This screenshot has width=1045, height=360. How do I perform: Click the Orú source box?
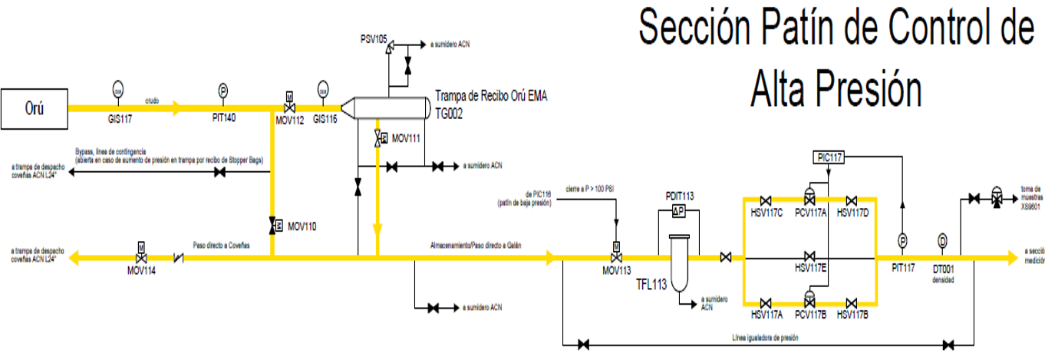34,108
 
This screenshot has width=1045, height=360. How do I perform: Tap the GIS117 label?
119,120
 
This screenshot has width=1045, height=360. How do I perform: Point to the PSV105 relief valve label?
374,37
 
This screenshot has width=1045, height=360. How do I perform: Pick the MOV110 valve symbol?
273,226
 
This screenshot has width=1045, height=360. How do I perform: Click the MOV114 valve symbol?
141,258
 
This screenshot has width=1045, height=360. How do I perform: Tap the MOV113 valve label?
616,271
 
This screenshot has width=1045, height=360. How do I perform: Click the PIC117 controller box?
829,157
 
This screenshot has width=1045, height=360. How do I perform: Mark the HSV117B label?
852,315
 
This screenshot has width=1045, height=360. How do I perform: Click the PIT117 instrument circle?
903,241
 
